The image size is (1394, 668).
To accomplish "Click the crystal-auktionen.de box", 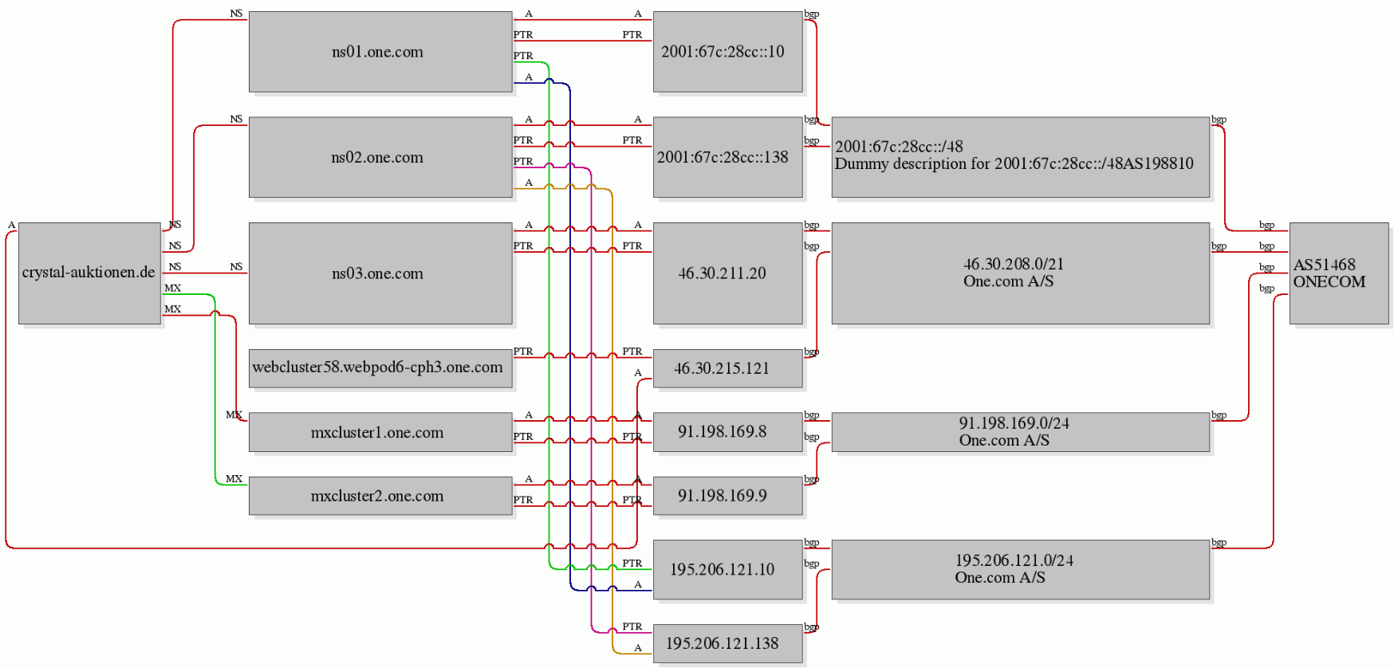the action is pos(89,273).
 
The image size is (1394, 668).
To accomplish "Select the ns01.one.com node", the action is pos(380,52).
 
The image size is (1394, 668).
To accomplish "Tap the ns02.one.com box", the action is pos(380,157).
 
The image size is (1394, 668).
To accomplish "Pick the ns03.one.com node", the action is pos(380,273).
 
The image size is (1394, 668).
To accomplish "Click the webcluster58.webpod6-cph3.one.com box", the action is pos(380,368).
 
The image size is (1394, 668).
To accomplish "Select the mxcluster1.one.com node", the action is pos(380,432).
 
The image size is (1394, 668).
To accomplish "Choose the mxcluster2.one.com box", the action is pos(380,496).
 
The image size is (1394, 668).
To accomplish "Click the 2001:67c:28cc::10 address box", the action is pos(727,52).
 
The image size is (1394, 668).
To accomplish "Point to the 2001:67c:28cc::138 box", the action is pos(727,157).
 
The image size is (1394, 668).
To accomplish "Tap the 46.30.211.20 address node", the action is pos(727,273).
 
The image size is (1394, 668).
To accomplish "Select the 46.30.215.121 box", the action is pos(727,368).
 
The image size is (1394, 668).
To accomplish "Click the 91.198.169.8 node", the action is pos(727,432).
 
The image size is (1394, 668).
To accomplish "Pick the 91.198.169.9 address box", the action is pos(727,496).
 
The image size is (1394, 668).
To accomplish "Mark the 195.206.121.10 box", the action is pos(727,569).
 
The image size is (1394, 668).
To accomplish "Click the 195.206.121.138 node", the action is pos(727,643).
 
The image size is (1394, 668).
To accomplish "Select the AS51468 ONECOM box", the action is pos(1339,273).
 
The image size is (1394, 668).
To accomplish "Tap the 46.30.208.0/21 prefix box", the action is pos(1021,273).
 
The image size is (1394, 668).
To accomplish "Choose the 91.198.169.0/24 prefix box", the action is pos(1021,432).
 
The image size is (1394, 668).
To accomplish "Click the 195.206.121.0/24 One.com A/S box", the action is pos(1021,569).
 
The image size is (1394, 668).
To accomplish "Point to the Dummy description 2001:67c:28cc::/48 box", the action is pos(1021,157).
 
